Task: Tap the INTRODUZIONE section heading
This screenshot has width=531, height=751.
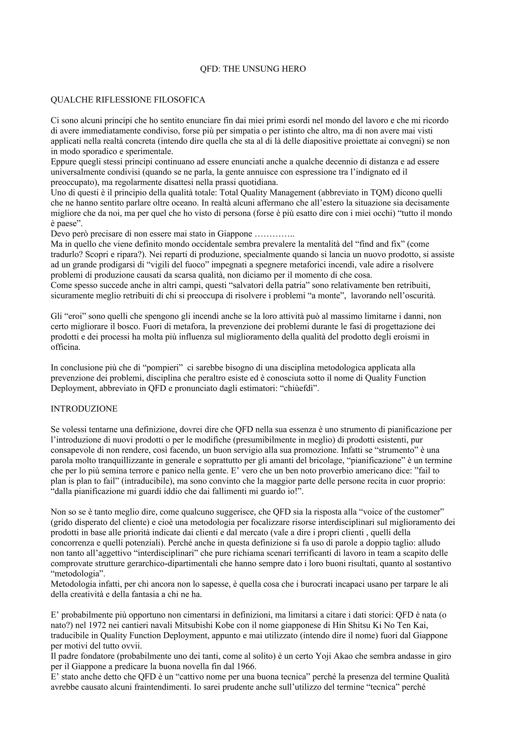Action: coord(84,409)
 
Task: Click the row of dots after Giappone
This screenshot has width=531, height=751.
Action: coord(274,234)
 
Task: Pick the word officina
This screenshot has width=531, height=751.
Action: coord(65,347)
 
